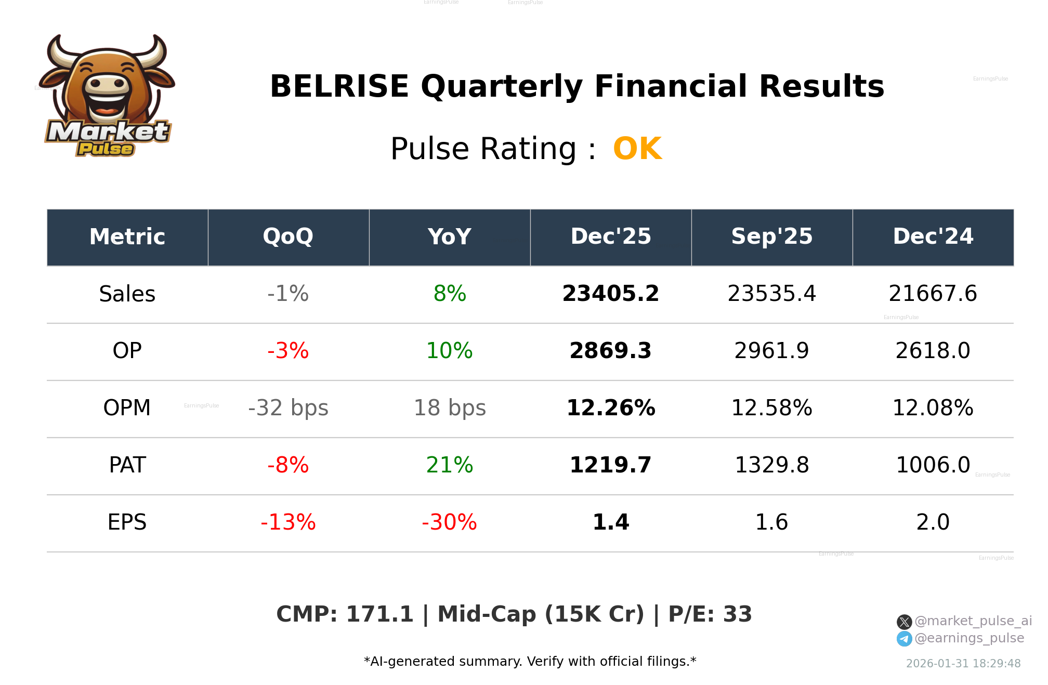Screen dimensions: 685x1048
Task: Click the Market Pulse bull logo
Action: tap(108, 96)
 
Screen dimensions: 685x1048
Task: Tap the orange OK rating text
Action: tap(637, 149)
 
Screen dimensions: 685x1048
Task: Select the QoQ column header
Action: tap(288, 237)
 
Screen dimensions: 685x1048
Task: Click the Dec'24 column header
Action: tap(933, 237)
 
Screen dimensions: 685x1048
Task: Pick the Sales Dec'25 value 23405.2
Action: tap(610, 294)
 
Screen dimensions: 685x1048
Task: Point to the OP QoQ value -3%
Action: tap(288, 351)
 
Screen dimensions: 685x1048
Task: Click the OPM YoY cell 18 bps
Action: tap(450, 409)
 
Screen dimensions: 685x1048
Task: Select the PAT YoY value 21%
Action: tap(450, 466)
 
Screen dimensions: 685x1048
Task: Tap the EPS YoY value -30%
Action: tap(450, 523)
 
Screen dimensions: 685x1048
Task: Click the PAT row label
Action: tap(127, 466)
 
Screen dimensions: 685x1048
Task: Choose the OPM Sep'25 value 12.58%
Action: tap(771, 409)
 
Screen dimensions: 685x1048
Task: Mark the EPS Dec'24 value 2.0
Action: tap(933, 523)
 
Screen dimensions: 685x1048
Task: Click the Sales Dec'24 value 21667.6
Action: tap(933, 294)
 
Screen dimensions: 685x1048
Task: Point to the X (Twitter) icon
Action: tap(904, 622)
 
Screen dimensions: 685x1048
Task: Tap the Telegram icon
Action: tap(904, 639)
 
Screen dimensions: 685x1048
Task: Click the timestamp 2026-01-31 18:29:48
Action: tap(963, 664)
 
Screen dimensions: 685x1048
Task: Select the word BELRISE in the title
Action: tap(339, 87)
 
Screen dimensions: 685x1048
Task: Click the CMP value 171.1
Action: tap(379, 615)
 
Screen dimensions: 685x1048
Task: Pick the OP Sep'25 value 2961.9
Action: tap(771, 351)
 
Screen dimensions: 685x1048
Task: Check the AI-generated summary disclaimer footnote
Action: tap(530, 662)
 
